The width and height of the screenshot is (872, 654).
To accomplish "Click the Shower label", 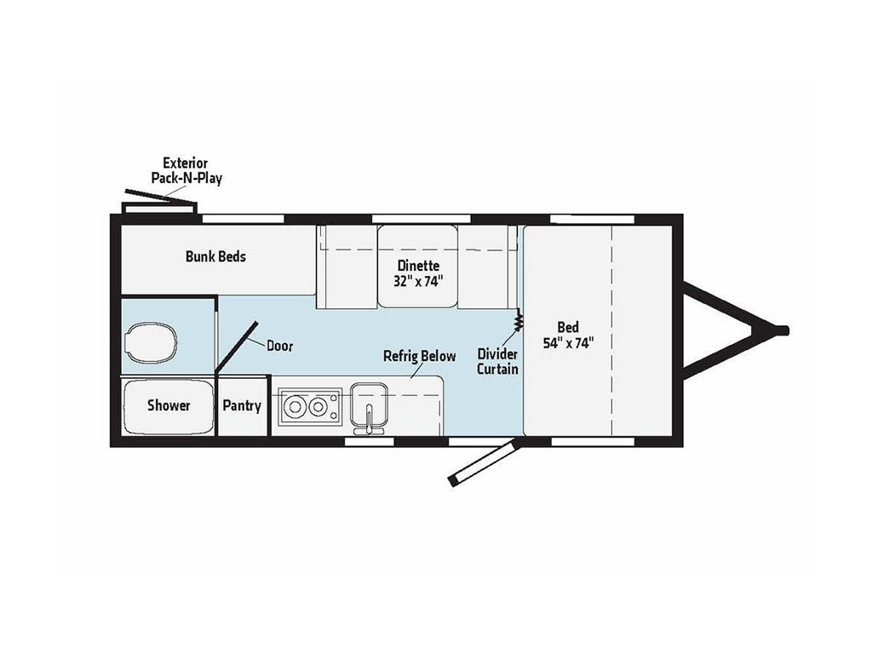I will tap(169, 405).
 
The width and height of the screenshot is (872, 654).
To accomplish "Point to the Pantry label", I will tap(242, 405).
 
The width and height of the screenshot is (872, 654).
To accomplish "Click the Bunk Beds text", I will tap(215, 255).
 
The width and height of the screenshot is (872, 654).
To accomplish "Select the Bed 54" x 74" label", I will tap(567, 335).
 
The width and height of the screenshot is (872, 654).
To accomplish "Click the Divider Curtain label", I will tap(497, 361).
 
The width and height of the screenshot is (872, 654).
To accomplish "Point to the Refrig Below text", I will tap(419, 356).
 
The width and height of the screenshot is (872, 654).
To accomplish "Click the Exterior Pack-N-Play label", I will tap(186, 170).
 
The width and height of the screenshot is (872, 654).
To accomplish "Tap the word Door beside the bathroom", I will tap(280, 346).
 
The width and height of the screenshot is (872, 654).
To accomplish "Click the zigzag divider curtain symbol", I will tap(518, 321).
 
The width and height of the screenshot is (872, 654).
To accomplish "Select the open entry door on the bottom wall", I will tap(482, 464).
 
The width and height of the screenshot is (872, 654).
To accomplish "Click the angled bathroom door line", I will tap(237, 347).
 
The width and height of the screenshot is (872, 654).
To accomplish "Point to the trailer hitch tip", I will tap(783, 330).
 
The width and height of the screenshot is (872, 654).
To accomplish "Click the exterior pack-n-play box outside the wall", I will tap(159, 208).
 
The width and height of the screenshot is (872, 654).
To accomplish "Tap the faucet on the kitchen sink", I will tap(370, 418).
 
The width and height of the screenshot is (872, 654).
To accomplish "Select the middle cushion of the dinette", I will tap(417, 267).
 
